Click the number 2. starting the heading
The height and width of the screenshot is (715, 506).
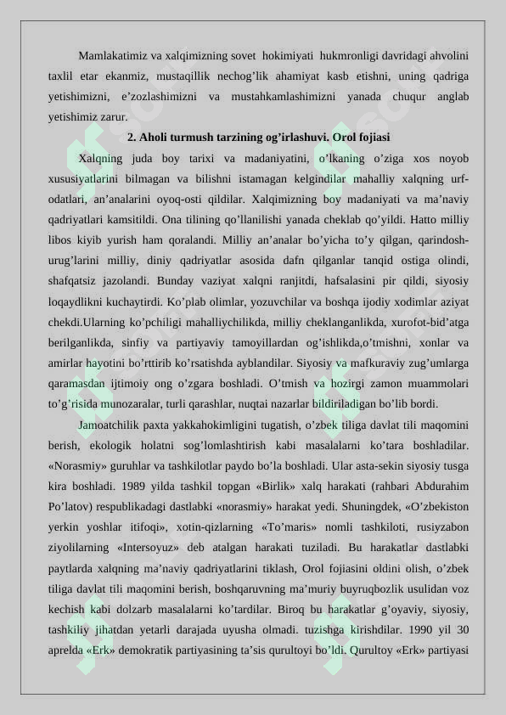[x=132, y=137]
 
